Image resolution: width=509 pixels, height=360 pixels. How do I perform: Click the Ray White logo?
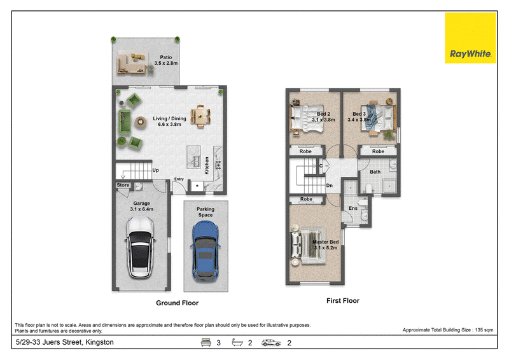470,38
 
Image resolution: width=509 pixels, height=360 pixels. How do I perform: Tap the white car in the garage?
140,247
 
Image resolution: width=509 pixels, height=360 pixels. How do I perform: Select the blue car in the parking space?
205,251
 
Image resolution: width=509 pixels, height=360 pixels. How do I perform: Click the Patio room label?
166,60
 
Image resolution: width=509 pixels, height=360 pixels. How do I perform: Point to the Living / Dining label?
169,121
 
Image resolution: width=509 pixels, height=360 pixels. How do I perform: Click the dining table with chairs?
200,116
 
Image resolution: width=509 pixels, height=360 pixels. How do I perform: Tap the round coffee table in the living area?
141,121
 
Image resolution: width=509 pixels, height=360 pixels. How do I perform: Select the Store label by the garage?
123,185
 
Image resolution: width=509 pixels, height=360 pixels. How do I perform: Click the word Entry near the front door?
179,179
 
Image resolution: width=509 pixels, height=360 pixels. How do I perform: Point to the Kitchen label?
207,165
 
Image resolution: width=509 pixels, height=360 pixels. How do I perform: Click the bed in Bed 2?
307,118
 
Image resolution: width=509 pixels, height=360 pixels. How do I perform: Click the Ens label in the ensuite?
353,209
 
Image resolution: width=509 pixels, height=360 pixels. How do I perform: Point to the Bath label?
375,172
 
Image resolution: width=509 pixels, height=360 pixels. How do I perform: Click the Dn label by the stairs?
329,186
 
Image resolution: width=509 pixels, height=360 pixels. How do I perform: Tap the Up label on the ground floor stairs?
155,170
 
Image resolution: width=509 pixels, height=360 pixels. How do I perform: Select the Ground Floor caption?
178,303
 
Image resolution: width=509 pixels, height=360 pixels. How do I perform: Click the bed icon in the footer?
206,342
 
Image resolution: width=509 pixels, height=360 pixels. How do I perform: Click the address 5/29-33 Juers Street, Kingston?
65,342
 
